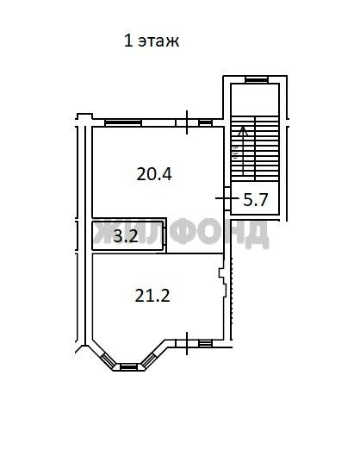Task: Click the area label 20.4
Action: [x=154, y=174]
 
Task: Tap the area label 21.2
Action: [x=152, y=296]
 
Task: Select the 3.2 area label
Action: [x=126, y=236]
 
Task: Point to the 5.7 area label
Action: [x=255, y=200]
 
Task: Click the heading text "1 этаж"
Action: [x=152, y=41]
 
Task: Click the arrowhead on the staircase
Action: [x=244, y=131]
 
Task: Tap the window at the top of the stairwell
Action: [x=257, y=79]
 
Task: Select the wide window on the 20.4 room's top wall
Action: [x=123, y=122]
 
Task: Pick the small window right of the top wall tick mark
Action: [x=205, y=122]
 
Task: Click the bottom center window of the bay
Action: [x=129, y=366]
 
